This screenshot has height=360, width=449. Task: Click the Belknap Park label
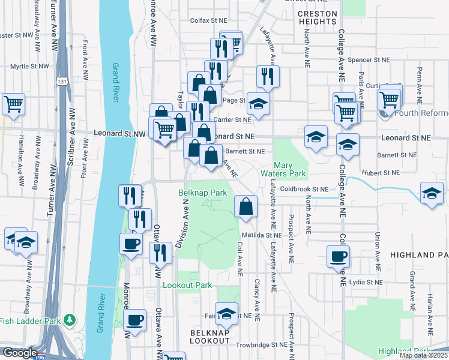(202, 193)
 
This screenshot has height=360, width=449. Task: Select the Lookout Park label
(187, 285)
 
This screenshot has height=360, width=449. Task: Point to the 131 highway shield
(61, 80)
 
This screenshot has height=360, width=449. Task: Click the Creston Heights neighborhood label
(317, 17)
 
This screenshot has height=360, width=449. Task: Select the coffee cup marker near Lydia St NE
(339, 256)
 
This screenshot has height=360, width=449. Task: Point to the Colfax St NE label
(208, 20)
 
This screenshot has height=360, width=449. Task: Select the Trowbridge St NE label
(261, 345)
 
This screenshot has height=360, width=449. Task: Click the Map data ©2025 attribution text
(423, 355)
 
